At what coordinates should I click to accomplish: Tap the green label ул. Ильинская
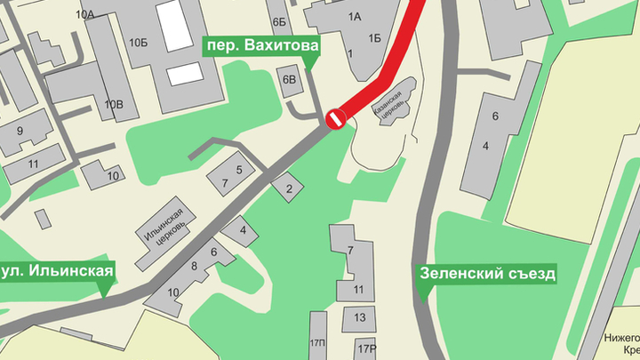click(58, 269)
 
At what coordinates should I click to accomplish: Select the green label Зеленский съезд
click(488, 273)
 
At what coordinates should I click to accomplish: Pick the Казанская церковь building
click(392, 104)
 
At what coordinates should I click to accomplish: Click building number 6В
click(290, 80)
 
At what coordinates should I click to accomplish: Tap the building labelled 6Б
click(280, 21)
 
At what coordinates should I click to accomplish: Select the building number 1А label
click(356, 16)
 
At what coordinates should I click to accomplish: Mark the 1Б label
click(375, 38)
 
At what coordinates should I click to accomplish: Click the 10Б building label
click(138, 42)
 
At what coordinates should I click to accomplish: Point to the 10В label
click(114, 105)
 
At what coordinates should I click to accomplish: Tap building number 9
click(20, 132)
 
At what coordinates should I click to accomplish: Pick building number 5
click(239, 169)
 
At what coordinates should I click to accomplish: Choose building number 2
click(288, 188)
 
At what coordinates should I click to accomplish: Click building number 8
click(194, 266)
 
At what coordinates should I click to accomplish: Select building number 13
click(360, 316)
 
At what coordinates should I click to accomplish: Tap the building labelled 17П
click(318, 342)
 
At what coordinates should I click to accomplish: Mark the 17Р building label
click(367, 346)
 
